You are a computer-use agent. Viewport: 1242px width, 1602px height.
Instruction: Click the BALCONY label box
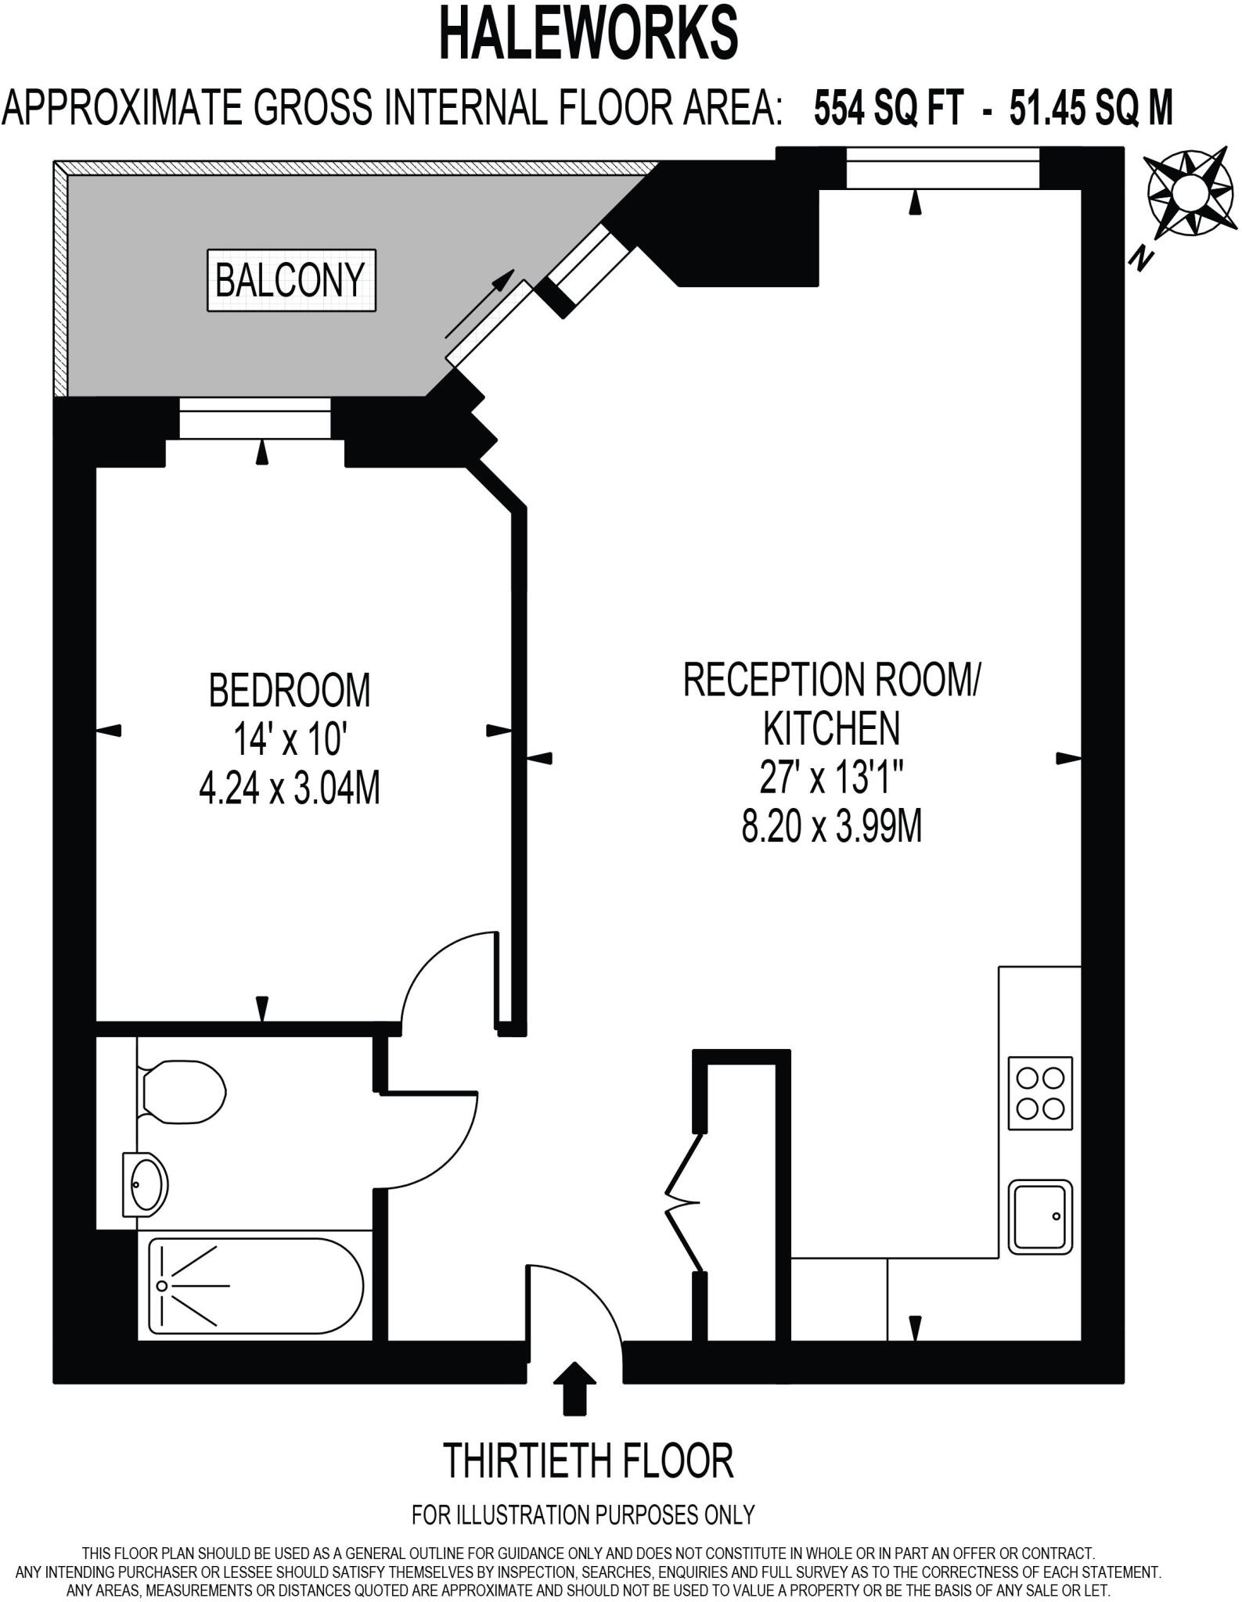[291, 280]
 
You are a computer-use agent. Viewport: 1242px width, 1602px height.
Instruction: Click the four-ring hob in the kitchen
[1040, 1093]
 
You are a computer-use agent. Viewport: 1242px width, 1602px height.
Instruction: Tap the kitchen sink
[1040, 1216]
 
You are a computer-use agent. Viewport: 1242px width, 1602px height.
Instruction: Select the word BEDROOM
[290, 690]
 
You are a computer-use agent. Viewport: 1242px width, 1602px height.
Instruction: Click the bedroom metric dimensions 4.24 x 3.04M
[290, 788]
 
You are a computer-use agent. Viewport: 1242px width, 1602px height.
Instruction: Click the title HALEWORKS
[589, 34]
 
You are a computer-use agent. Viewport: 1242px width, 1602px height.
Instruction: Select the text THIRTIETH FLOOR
[589, 1460]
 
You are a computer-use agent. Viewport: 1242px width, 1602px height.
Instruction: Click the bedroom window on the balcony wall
[255, 419]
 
